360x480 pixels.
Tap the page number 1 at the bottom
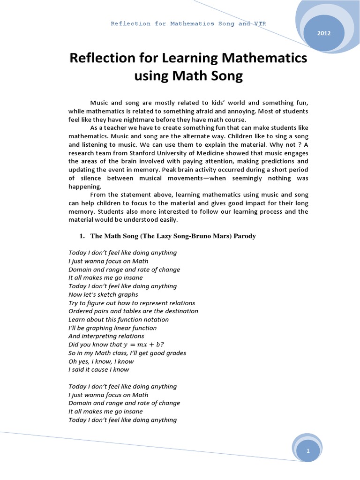click(308, 450)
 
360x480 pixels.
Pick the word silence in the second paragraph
click(92, 179)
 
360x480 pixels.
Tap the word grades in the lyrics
click(174, 353)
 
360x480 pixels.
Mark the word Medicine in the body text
click(215, 153)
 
